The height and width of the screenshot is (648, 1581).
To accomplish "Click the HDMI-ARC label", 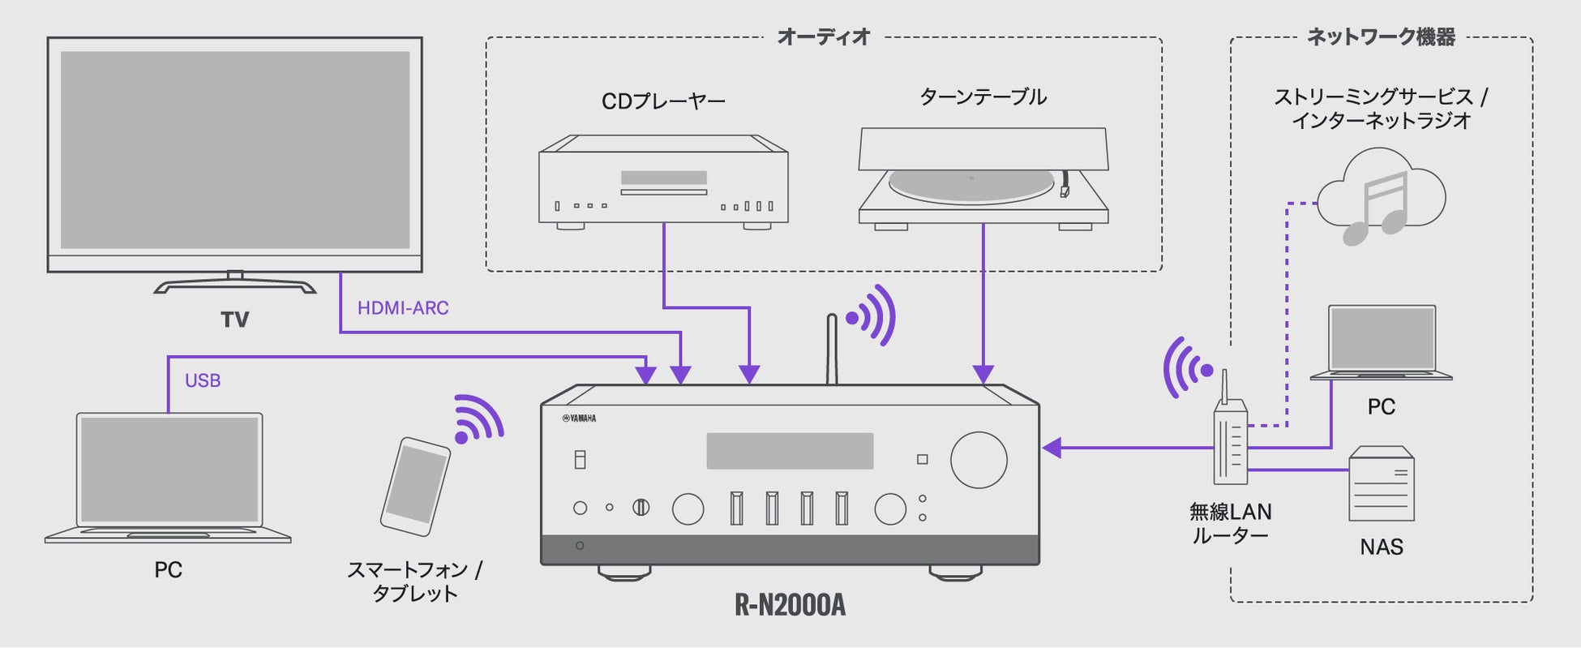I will coord(403,308).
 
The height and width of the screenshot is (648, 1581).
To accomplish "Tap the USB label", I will coord(203,380).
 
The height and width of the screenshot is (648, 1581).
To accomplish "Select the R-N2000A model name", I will coord(790,605).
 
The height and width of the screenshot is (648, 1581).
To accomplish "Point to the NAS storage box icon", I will coord(1381,484).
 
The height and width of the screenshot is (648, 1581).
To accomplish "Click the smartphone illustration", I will coord(415,486).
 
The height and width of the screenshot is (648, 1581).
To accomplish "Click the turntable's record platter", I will coord(970,184).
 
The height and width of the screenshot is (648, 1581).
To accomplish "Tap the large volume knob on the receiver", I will coord(979,460).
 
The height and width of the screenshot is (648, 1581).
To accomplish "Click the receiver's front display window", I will coord(790,451).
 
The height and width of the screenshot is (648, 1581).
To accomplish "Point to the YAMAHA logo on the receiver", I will coord(579,418).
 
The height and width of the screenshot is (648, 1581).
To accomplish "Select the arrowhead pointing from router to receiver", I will coord(1052,448).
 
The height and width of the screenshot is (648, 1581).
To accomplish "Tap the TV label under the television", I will coord(235,320).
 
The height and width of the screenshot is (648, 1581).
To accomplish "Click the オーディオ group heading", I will coord(823,36).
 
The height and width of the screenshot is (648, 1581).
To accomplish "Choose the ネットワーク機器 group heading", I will coord(1381,36).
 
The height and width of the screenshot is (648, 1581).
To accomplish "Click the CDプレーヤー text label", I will coord(663,101).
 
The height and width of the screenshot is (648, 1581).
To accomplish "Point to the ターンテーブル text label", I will coord(983,97).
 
